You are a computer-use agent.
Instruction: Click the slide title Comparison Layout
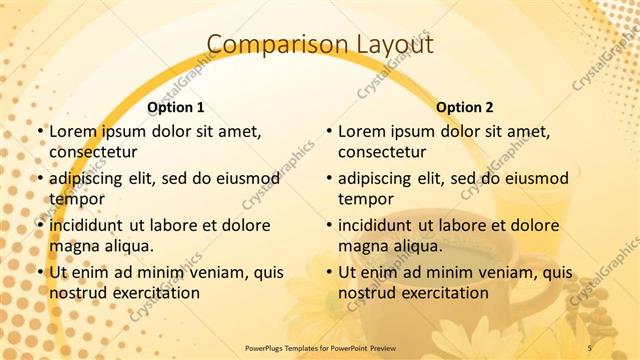[x=319, y=44]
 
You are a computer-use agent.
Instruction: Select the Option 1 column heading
[x=176, y=106]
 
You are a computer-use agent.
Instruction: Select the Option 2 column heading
[x=465, y=106]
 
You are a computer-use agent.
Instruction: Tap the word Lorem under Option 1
[x=74, y=131]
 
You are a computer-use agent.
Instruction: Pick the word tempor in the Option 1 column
[x=74, y=198]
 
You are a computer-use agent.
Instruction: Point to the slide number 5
[x=589, y=347]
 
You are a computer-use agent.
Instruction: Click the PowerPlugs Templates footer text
[x=319, y=347]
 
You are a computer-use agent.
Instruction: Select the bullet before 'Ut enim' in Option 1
[x=40, y=272]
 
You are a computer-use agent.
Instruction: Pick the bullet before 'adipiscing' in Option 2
[x=329, y=178]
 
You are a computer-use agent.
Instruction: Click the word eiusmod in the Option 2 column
[x=532, y=178]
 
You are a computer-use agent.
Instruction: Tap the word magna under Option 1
[x=73, y=245]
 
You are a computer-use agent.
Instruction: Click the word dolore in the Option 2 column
[x=527, y=225]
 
